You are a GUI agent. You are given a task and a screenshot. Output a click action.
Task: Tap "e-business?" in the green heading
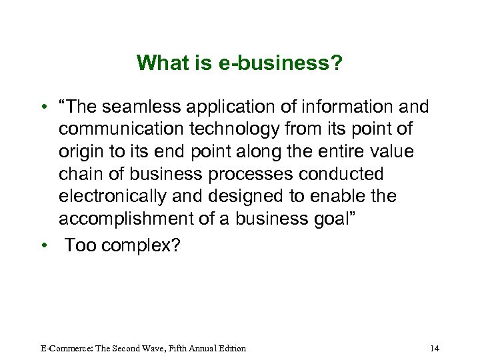281,63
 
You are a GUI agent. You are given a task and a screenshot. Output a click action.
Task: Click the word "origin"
80,152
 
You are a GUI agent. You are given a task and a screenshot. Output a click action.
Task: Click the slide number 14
435,348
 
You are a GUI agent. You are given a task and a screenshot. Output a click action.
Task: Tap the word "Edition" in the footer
230,348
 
